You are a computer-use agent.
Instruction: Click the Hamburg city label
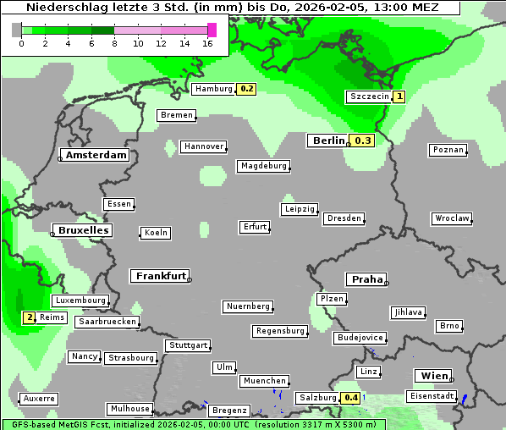tap(212, 89)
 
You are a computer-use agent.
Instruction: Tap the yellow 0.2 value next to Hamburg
tap(246, 89)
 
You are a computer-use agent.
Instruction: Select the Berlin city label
tap(327, 141)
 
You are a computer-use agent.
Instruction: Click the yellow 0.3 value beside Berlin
tap(363, 141)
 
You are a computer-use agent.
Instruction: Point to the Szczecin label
tap(370, 96)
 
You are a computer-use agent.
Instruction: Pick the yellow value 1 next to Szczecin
tap(399, 96)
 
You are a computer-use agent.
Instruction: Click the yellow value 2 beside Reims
tap(30, 317)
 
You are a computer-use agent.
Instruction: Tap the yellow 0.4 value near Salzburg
tap(350, 398)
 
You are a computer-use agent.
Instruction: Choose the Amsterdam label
tap(96, 156)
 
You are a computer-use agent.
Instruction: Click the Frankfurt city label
tap(160, 276)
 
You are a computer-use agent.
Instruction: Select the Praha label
tap(366, 279)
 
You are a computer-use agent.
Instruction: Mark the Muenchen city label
tap(264, 382)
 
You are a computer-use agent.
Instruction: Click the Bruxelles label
tap(82, 230)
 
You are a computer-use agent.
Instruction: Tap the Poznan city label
tap(448, 150)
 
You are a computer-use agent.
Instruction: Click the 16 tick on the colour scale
tap(208, 43)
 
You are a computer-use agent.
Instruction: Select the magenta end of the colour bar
tap(212, 30)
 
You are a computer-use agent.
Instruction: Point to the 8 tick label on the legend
tap(115, 43)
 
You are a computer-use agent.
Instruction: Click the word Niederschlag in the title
tap(66, 8)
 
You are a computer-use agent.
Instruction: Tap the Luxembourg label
tap(80, 300)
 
